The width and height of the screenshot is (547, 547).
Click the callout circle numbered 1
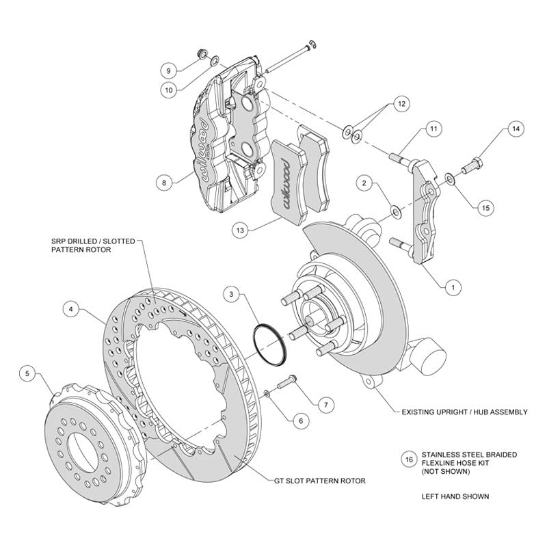tap(453, 287)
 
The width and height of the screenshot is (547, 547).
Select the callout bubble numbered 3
tap(231, 295)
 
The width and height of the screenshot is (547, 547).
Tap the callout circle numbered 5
tap(27, 374)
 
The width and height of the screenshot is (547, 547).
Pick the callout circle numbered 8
tap(164, 183)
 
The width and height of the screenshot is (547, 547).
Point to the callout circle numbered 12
tap(401, 104)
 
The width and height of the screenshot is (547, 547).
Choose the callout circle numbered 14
tap(516, 129)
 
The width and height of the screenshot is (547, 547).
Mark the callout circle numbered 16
tap(409, 459)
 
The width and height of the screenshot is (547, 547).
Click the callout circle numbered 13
tap(240, 230)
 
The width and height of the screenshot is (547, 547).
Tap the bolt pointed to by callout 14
tap(472, 166)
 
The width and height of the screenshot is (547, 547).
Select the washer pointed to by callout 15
tap(449, 179)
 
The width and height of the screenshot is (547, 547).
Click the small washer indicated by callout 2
tap(396, 211)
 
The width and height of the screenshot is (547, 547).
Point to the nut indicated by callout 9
tap(202, 53)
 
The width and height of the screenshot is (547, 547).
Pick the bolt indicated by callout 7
tap(286, 383)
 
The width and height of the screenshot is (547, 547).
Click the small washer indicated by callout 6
tap(266, 394)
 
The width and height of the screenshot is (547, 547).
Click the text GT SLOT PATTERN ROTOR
tap(319, 481)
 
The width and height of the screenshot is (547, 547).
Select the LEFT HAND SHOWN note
tap(455, 496)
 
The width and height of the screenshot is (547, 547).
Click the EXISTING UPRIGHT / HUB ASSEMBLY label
tap(464, 412)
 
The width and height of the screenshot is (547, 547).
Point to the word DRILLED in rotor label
tap(84, 241)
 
